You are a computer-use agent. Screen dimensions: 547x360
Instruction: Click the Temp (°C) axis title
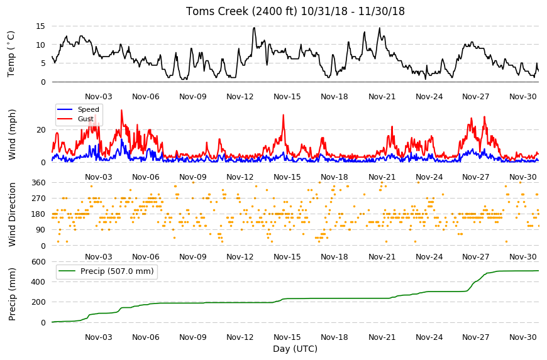(x=11, y=53)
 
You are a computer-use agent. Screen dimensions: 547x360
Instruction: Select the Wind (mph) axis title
(x=12, y=134)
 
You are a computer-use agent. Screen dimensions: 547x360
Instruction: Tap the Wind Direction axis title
(x=12, y=214)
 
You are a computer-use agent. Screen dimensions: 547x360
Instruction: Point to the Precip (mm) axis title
(x=12, y=294)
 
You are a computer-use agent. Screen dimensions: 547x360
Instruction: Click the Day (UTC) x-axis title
(x=295, y=349)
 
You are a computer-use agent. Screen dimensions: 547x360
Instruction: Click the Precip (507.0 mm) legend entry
(x=106, y=271)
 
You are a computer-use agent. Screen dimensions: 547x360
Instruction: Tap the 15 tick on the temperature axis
(x=40, y=26)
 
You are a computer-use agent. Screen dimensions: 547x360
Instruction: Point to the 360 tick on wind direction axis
(x=38, y=183)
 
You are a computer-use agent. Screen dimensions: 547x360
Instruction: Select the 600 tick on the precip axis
(x=38, y=262)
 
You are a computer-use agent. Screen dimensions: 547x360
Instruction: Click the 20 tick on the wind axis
(x=41, y=130)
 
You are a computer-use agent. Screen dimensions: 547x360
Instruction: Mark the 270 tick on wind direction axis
(x=38, y=199)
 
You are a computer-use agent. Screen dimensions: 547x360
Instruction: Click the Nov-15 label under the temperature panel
(x=287, y=97)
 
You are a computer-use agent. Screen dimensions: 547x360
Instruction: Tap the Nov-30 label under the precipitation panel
(x=522, y=337)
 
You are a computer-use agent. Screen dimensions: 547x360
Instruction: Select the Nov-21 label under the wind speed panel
(x=382, y=177)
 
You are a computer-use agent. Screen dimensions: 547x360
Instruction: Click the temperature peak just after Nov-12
(x=254, y=28)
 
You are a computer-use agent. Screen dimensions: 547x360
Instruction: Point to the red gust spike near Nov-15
(x=284, y=116)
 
